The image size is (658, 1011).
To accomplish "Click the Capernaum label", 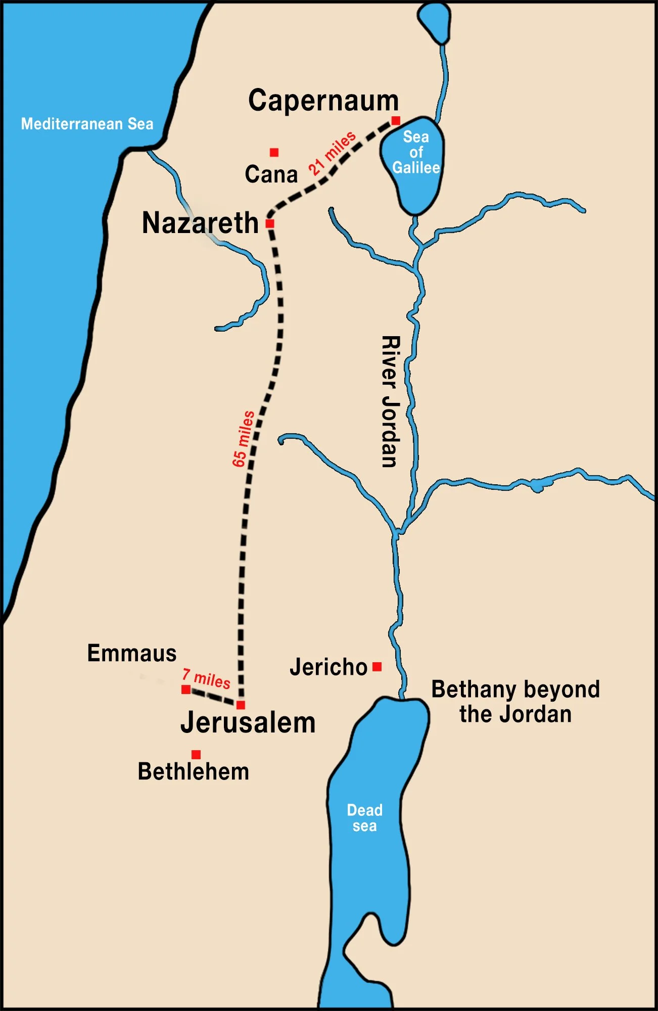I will click(x=323, y=101).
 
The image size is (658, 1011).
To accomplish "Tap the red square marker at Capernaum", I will click(x=396, y=120).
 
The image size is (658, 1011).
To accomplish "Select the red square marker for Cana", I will click(x=274, y=152).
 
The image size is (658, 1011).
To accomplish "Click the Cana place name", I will click(x=271, y=174).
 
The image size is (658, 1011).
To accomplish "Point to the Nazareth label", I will click(x=200, y=223).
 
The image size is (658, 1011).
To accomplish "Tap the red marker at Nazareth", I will click(x=270, y=223).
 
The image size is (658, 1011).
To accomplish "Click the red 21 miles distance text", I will click(x=332, y=153).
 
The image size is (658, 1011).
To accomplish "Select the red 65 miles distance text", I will click(x=244, y=438).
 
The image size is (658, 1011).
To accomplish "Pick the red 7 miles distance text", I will click(x=206, y=678).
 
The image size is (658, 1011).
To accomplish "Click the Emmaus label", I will click(x=132, y=653).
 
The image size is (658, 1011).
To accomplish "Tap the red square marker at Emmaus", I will click(x=186, y=690).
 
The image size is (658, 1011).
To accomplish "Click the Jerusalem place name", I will click(x=248, y=722).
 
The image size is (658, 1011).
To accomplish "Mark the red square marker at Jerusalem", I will click(x=241, y=705).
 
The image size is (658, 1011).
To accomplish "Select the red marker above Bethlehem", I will click(x=196, y=754).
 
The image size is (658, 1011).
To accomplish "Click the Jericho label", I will click(x=328, y=667).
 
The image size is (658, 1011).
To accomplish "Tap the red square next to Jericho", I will click(x=377, y=667).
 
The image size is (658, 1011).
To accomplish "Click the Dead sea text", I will click(x=364, y=817).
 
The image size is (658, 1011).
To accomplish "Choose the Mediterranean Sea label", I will click(x=87, y=124).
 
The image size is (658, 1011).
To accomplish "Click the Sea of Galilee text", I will click(x=416, y=152).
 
